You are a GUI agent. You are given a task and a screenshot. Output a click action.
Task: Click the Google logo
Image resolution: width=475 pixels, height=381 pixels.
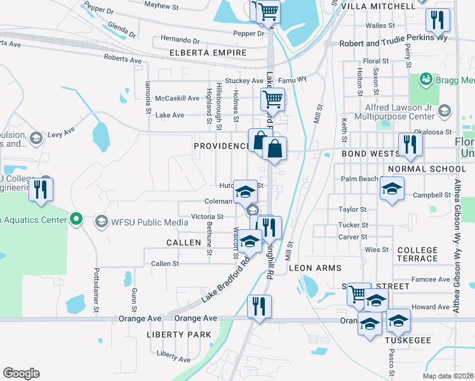[x=21, y=373]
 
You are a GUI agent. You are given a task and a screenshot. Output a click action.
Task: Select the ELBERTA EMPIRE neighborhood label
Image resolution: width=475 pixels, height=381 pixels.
[x=207, y=53]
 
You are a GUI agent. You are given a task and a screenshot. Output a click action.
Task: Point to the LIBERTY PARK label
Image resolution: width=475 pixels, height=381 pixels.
[x=178, y=335]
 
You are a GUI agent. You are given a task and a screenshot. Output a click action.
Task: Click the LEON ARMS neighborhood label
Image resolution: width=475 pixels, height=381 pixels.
[x=315, y=269]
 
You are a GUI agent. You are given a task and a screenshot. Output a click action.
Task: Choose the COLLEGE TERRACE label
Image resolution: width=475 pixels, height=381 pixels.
[x=417, y=255]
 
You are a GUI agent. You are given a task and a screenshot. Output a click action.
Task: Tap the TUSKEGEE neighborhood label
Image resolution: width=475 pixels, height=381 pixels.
[x=408, y=340]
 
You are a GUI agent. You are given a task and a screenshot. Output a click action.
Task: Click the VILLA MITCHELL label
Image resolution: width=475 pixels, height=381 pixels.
[x=378, y=6]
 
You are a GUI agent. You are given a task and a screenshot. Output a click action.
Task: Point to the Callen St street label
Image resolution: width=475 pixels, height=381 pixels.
[x=164, y=263]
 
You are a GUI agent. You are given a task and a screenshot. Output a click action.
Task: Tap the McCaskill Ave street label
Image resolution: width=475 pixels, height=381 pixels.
[x=177, y=98]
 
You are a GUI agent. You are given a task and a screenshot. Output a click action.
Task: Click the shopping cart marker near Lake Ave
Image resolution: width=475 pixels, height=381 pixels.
[x=272, y=98]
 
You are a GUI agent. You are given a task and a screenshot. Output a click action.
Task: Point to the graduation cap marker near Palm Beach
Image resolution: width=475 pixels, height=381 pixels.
[x=392, y=188]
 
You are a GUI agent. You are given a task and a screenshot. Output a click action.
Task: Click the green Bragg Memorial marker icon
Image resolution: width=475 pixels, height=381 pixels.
[x=425, y=80]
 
